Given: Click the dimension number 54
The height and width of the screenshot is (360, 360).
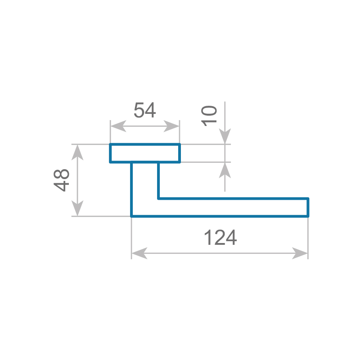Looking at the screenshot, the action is (x=144, y=110).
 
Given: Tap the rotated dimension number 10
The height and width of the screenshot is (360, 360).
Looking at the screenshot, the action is (x=209, y=116).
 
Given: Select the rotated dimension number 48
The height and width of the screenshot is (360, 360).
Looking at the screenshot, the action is (x=61, y=180).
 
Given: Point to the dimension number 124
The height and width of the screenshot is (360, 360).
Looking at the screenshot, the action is (x=220, y=238).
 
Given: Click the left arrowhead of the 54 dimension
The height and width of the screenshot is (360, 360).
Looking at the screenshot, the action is (x=118, y=126).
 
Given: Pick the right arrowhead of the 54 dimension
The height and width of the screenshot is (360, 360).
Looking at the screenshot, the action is (x=171, y=126).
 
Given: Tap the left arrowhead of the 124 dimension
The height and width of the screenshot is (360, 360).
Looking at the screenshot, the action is (x=139, y=253).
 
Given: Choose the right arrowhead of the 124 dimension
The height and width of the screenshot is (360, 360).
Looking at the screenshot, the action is (x=300, y=253).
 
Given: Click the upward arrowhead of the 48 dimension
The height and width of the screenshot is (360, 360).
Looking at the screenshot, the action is (x=77, y=153).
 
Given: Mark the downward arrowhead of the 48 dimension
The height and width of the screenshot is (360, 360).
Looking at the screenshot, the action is (x=77, y=208).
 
